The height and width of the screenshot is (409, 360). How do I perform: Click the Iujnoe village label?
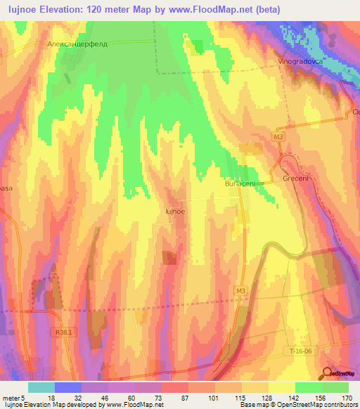pyautogui.click(x=175, y=209)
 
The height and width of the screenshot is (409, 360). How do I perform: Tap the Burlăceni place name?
pyautogui.click(x=240, y=183)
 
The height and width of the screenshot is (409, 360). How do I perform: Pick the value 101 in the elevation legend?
pyautogui.click(x=201, y=397)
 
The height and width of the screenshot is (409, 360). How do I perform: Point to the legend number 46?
pyautogui.click(x=94, y=397)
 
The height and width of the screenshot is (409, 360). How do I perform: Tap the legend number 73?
pyautogui.click(x=148, y=397)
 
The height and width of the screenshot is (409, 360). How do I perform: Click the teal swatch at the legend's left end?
pyautogui.click(x=41, y=387)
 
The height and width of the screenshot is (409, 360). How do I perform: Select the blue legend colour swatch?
pyautogui.click(x=68, y=387)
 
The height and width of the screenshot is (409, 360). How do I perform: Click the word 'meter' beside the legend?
pyautogui.click(x=10, y=397)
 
